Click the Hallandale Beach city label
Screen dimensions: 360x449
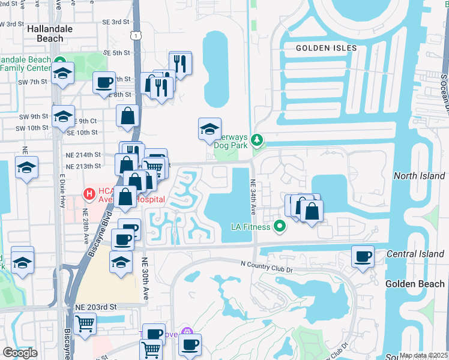point(50,34)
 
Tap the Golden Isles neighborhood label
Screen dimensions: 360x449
point(327,48)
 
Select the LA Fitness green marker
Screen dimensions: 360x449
point(279,226)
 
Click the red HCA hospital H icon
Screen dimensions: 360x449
point(89,194)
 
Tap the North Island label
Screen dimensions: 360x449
point(420,176)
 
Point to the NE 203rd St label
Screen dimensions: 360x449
point(96,307)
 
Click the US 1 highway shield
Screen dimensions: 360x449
point(137,37)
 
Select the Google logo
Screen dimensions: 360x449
point(20,353)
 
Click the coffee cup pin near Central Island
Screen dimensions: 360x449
point(363,256)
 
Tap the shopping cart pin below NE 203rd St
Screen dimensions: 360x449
point(85,324)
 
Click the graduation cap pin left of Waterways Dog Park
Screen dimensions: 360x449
point(209,128)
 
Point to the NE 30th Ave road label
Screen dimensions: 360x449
point(145,279)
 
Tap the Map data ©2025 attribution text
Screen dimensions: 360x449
point(424,355)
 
